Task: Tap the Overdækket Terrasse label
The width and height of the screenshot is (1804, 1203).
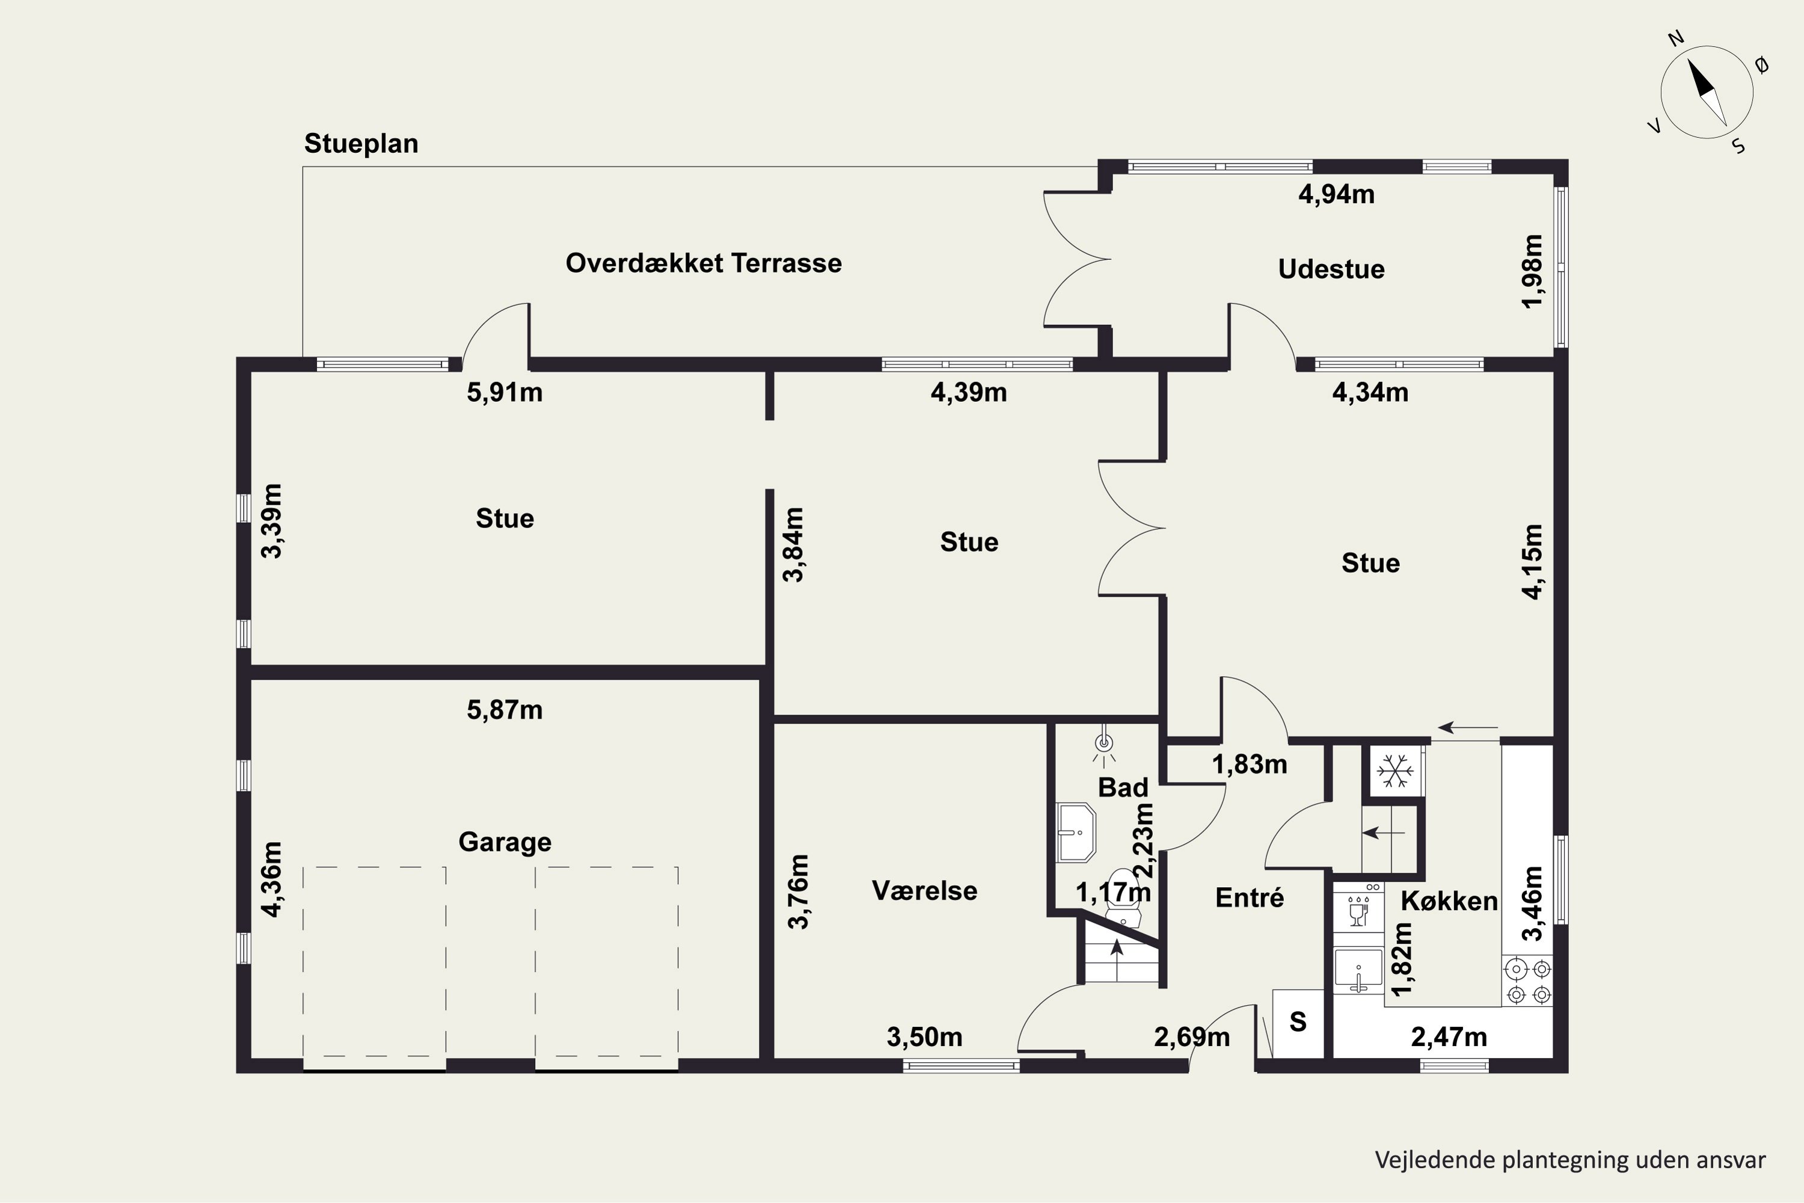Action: click(704, 263)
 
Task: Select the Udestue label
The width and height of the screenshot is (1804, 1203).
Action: click(1331, 269)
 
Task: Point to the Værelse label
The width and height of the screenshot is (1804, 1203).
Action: click(924, 891)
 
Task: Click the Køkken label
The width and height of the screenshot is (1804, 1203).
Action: click(1449, 900)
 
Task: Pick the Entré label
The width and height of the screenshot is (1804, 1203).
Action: click(1250, 897)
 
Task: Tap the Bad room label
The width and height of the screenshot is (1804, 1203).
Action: click(1123, 787)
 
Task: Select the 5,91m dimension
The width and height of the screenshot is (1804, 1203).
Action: click(505, 393)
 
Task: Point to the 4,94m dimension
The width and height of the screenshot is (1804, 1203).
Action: click(1336, 195)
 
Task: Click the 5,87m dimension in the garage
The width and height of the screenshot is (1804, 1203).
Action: click(505, 710)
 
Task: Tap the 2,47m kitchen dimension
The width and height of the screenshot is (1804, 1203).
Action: click(1449, 1037)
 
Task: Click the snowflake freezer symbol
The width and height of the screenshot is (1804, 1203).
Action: click(1394, 771)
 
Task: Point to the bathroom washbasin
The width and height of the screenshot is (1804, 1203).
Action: click(1076, 832)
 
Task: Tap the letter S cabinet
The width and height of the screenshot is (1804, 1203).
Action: click(1298, 1022)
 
